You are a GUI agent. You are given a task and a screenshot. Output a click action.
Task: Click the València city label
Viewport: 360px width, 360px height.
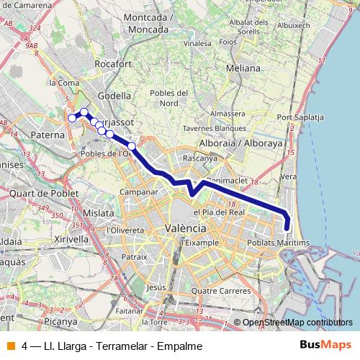point(186,228)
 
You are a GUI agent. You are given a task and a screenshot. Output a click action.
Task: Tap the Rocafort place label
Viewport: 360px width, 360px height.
point(114,63)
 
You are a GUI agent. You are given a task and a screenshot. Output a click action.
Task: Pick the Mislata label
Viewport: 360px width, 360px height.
point(99,213)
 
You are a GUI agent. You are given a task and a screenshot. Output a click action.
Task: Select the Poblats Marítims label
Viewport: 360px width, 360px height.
point(283,243)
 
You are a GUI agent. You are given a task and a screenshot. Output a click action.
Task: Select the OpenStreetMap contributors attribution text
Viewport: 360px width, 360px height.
point(297,323)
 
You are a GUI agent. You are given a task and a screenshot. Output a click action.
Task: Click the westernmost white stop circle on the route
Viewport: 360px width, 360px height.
point(71,118)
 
